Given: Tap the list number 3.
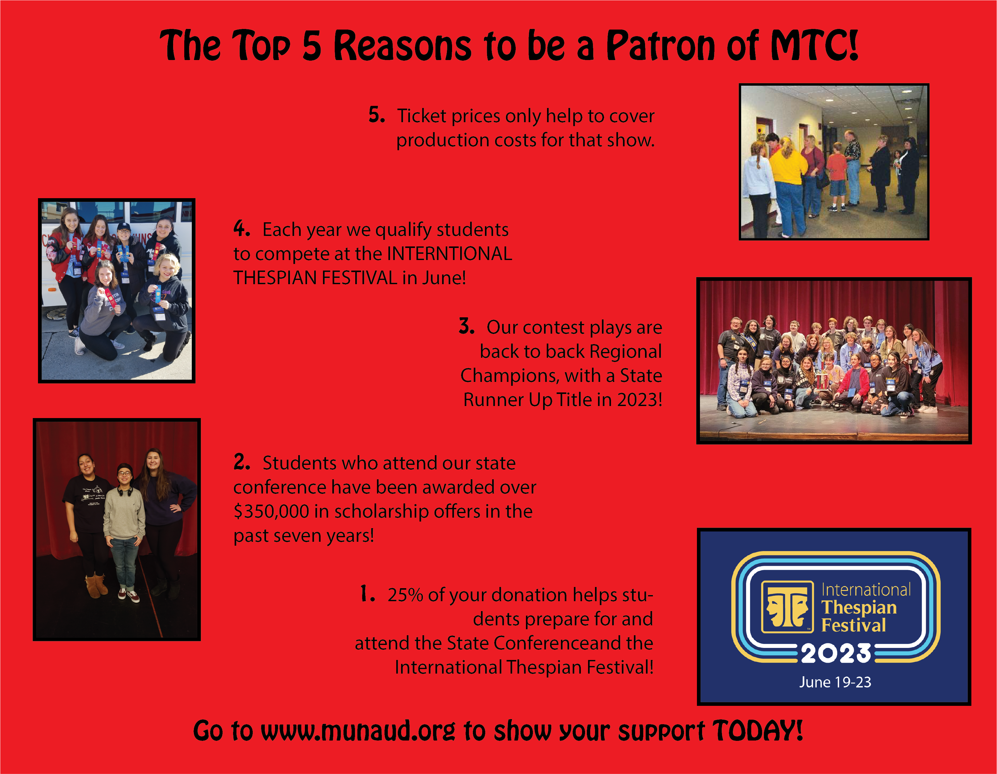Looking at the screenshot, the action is click(467, 326).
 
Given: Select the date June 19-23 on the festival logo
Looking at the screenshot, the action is click(835, 682).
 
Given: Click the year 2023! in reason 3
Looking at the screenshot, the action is click(640, 400).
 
